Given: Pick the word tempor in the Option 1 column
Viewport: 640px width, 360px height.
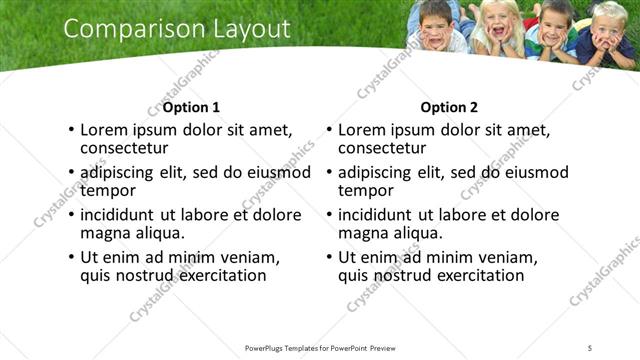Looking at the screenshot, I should coord(108,190).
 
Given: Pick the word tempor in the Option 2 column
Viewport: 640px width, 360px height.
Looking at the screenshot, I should coord(366,190).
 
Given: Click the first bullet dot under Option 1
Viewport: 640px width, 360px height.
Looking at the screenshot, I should coord(70,130).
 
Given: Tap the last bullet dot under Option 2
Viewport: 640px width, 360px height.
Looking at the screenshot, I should coord(328,257).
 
